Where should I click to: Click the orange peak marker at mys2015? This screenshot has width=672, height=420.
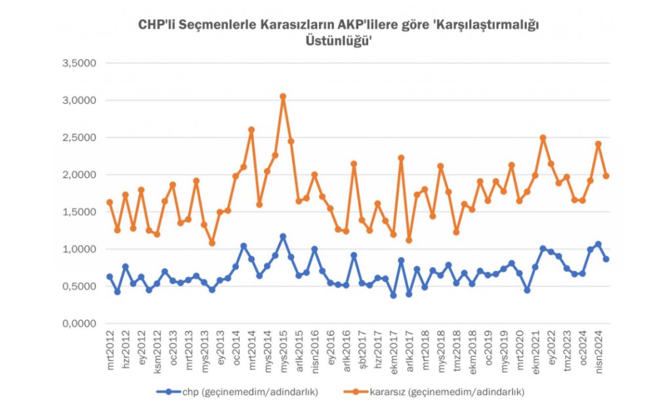283,96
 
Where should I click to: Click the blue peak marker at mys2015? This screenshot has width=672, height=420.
283,236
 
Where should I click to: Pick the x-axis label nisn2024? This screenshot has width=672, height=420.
598,351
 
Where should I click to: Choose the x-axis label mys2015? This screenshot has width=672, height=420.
283,350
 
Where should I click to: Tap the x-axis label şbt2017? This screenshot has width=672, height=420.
362,350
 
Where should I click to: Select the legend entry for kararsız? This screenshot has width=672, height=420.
434,392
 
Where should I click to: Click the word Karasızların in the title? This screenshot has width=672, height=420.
272,24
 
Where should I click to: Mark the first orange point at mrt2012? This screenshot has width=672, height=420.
110,202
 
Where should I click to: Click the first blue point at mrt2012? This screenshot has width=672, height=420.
110,277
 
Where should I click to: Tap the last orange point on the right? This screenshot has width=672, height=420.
606,176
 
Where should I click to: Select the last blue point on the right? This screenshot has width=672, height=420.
606,259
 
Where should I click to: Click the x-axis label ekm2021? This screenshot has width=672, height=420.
535,350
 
